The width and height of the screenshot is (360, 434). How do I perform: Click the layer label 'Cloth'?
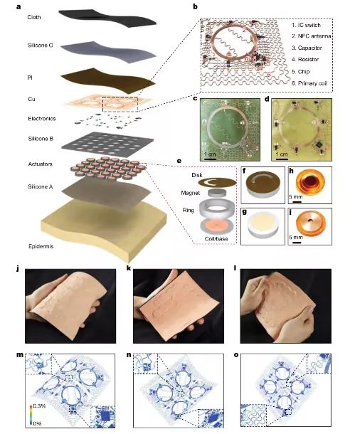[x=34, y=17]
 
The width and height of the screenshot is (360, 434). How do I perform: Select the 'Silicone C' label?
[x=40, y=46]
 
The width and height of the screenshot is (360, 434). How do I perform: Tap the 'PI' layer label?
[x=30, y=78]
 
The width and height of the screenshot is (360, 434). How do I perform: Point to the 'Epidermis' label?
[x=41, y=246]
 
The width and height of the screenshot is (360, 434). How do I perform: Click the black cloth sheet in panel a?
[x=107, y=18]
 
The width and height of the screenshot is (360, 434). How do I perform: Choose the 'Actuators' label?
[x=40, y=164]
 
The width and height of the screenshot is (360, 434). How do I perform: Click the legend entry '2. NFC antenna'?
[x=312, y=36]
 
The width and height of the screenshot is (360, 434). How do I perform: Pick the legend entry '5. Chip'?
[x=300, y=72]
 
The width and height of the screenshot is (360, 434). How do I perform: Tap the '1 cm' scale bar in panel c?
[x=210, y=159]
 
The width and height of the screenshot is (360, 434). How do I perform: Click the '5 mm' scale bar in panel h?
[x=297, y=202]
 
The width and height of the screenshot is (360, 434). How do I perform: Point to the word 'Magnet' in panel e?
[x=191, y=193]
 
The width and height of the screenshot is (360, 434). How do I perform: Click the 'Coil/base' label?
[x=216, y=238]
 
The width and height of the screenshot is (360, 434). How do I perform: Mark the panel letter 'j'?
[x=18, y=268]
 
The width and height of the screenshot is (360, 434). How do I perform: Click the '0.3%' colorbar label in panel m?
[x=39, y=406]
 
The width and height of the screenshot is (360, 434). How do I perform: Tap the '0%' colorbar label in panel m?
[x=37, y=423]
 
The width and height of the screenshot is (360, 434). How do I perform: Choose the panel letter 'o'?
[x=236, y=355]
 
